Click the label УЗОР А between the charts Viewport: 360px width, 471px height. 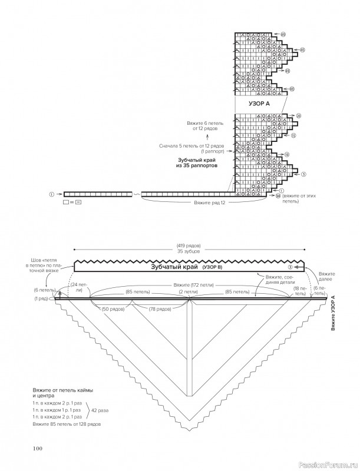[259, 104]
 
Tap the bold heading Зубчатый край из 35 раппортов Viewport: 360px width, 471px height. [197, 162]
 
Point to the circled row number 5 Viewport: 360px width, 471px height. [303, 174]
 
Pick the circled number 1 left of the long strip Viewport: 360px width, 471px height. [52, 193]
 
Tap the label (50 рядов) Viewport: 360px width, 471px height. [113, 309]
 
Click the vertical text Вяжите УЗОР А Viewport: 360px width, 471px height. [333, 316]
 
